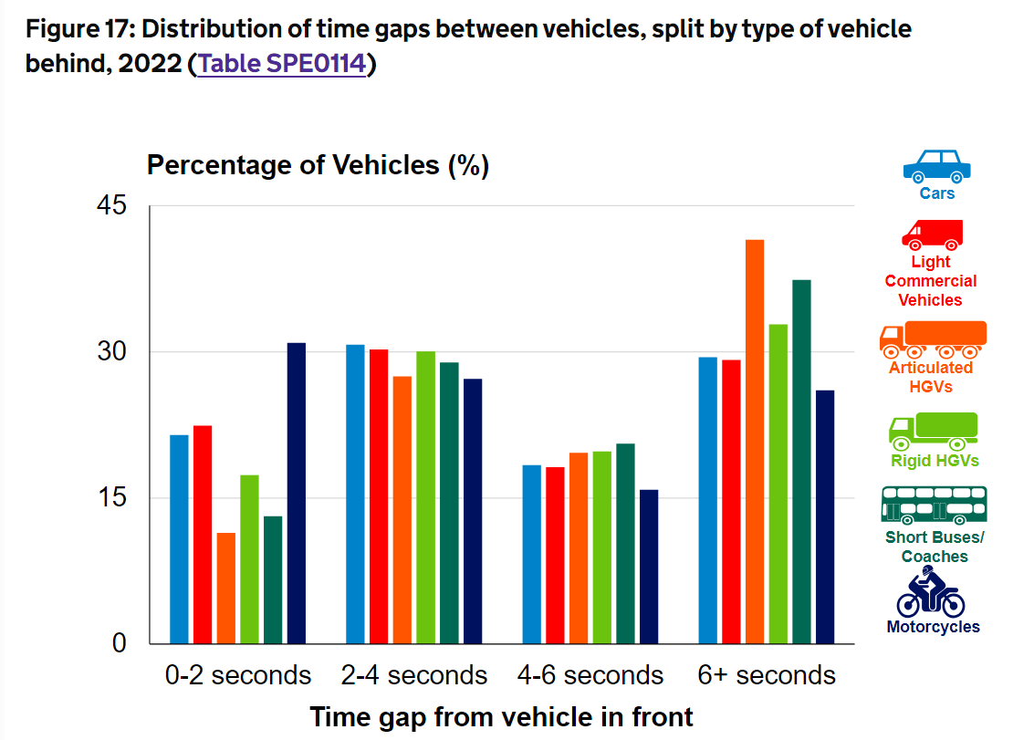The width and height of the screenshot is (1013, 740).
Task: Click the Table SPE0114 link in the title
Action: pos(281,65)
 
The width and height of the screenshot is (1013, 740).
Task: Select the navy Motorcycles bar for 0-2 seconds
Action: pos(297,493)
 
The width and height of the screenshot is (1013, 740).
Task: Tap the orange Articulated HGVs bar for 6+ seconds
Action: pos(755,442)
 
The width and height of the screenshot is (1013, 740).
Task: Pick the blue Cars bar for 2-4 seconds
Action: pos(355,494)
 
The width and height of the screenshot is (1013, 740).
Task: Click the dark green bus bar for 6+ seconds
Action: pos(801,462)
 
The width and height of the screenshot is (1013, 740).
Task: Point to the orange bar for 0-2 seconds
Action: pos(226,588)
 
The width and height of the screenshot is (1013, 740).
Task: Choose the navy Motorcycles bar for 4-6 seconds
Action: pos(649,567)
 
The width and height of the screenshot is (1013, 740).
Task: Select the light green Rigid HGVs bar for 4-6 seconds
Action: pos(601,547)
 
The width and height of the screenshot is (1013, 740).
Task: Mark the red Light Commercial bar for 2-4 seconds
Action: pos(379,496)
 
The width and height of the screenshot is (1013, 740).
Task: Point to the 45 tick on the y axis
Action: pos(110,206)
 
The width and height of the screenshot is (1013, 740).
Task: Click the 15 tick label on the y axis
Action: pos(110,498)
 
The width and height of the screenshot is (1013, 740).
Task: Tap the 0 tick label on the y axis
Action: pos(119,643)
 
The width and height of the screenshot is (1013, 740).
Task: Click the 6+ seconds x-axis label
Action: pos(767,676)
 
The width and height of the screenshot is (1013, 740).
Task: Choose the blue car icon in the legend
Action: pos(936,165)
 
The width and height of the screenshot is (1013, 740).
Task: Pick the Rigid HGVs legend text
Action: pos(935,461)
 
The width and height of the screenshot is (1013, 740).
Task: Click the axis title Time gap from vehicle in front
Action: pos(501,717)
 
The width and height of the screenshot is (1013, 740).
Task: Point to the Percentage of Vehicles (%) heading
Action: pos(318,166)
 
